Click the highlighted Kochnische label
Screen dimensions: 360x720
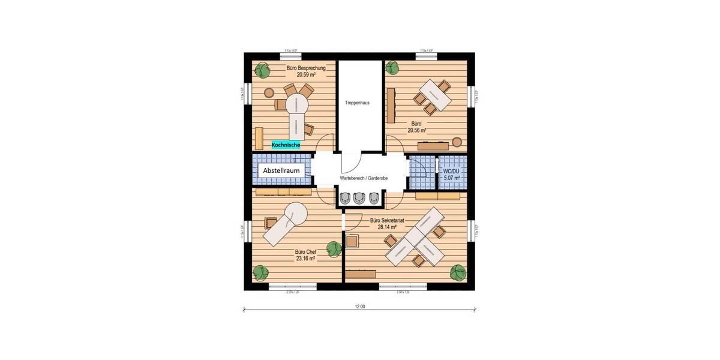(x=286, y=145)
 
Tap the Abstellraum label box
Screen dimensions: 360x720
(x=281, y=171)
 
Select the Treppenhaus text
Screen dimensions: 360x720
(x=357, y=103)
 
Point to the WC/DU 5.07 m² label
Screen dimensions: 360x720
(x=452, y=175)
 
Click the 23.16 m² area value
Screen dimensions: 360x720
(x=305, y=259)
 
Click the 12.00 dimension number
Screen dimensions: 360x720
(x=359, y=307)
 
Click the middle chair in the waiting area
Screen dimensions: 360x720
(x=360, y=197)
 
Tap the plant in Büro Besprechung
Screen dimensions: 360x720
(x=262, y=71)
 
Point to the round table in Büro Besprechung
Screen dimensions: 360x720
(x=296, y=103)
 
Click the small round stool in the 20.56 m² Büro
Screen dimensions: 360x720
(x=457, y=142)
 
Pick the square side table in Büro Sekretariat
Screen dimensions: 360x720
(x=352, y=241)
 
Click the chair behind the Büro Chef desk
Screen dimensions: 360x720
(x=268, y=223)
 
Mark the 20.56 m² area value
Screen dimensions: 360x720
(x=417, y=130)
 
